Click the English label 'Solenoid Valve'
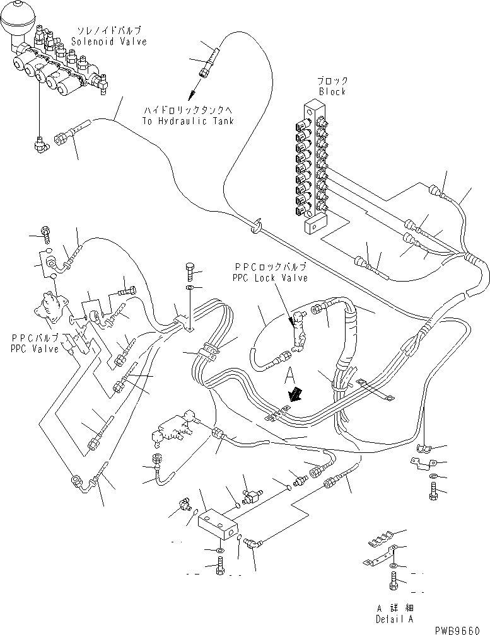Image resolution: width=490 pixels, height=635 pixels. coord(108,42)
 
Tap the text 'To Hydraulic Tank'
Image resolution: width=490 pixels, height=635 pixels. coord(188,121)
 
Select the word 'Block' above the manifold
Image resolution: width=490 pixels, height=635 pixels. coord(332,91)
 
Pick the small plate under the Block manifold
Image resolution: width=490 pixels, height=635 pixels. coord(314,225)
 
